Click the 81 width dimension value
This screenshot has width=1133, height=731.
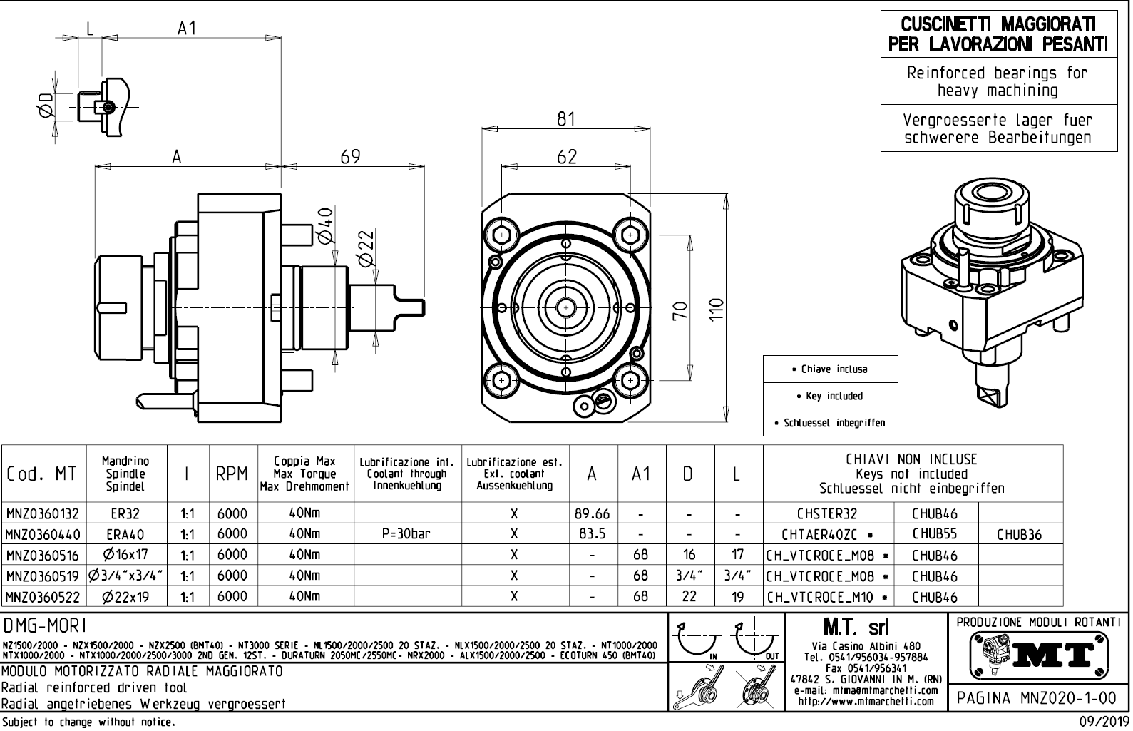566,119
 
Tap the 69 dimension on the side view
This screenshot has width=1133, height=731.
350,157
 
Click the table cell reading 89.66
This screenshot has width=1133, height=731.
593,513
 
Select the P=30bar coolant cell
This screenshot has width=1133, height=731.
408,534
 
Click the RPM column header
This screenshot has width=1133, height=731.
232,474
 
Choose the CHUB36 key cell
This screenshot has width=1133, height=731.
1020,534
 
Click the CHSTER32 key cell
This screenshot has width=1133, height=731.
827,513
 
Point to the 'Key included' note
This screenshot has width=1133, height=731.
829,396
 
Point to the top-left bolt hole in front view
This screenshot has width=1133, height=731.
502,235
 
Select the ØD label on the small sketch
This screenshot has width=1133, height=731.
44,106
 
